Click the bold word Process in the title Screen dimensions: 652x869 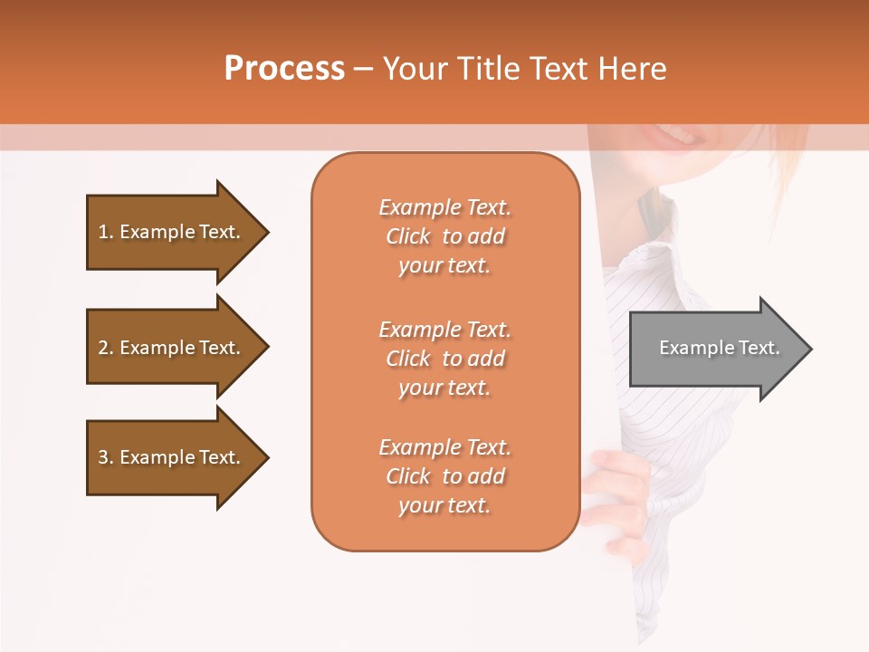(284, 69)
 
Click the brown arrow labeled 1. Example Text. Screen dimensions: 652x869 (172, 232)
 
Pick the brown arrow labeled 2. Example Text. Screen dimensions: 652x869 (172, 348)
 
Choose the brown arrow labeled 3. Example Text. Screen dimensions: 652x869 (172, 457)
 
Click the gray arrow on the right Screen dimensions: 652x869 (715, 349)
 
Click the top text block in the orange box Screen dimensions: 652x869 (444, 236)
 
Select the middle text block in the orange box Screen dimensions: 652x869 (444, 359)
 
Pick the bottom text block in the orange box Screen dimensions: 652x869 (444, 476)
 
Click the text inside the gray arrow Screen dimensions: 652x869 (719, 348)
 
